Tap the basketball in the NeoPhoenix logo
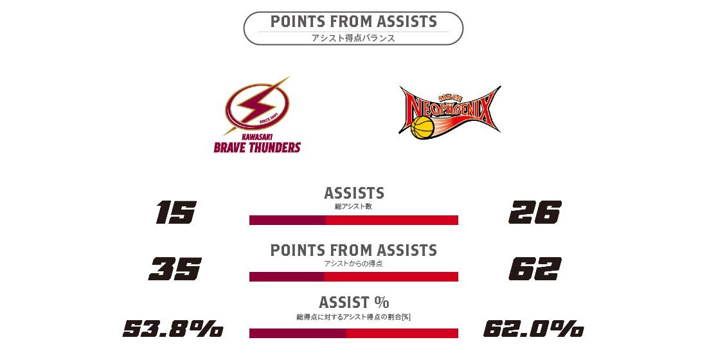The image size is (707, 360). point(422,127)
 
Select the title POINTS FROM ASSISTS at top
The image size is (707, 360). point(353,22)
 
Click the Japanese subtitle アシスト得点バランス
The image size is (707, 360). point(353,39)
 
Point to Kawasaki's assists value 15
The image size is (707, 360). point(176,213)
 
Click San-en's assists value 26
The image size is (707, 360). point(535,213)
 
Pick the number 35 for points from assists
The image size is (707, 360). point(175,269)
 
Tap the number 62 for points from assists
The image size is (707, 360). point(535,269)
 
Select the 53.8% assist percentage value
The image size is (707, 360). point(173,328)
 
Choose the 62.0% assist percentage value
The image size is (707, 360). point(534,328)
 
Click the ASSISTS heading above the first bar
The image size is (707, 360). point(354,193)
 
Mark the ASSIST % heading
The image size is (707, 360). point(354,302)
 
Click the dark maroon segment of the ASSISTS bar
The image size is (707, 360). point(288,220)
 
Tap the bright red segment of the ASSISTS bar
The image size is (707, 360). point(392,220)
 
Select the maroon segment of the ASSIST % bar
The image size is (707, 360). point(298,334)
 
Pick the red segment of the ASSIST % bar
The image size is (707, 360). point(402,334)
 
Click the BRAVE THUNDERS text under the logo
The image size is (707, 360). point(257,147)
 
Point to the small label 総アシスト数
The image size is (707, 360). point(353,206)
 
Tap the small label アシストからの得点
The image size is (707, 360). point(353,264)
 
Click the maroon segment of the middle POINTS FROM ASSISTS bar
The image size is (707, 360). point(287,276)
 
